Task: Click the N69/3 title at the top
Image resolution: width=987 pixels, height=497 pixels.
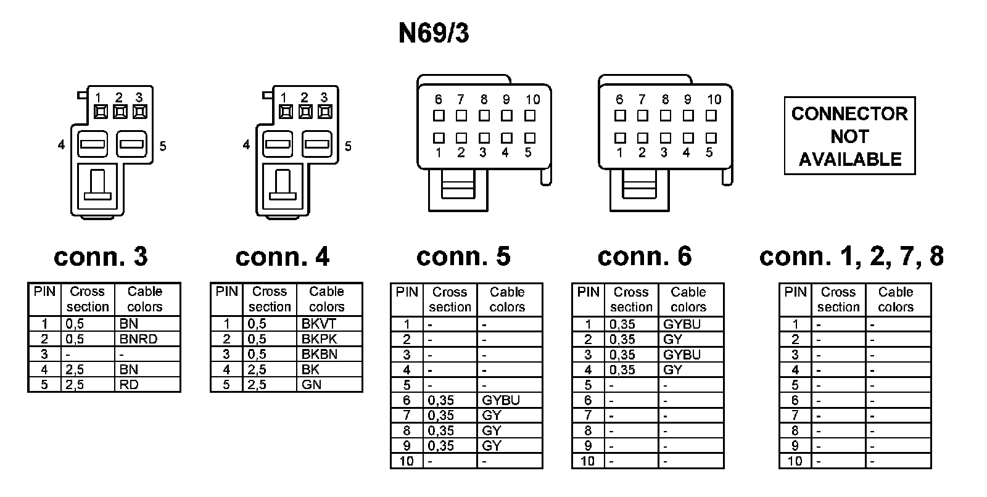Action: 434,34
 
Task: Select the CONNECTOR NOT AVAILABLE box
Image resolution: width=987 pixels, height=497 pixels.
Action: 849,136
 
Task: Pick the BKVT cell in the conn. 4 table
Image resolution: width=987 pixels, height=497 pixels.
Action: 319,324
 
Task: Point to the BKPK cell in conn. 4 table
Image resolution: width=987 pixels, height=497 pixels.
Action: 319,339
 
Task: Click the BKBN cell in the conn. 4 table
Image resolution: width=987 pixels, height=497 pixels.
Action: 319,354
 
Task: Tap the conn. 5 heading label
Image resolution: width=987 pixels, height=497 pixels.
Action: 463,257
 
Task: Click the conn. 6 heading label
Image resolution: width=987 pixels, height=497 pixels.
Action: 645,257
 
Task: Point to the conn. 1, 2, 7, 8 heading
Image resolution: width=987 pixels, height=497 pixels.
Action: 851,257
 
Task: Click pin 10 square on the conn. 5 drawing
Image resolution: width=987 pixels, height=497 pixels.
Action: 530,115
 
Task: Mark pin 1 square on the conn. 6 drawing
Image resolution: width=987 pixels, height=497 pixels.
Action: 620,138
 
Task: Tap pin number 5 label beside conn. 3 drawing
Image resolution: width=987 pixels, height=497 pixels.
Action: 163,146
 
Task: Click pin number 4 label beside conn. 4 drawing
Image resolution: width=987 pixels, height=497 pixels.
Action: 246,146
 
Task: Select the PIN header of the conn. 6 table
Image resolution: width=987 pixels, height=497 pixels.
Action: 588,292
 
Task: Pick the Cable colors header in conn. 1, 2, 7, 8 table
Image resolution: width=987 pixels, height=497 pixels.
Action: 895,299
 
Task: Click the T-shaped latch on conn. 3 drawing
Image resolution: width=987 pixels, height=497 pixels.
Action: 97,185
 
